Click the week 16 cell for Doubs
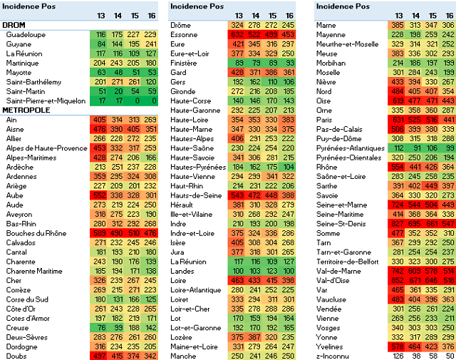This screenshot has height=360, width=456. tap(150, 356)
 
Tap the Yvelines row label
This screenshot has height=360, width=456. tap(328, 345)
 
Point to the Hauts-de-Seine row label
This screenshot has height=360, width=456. tap(195, 195)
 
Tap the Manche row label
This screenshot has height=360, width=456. tap(183, 355)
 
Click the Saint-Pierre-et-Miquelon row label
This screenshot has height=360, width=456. tap(46, 101)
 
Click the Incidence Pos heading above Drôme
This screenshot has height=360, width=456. tap(195, 6)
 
